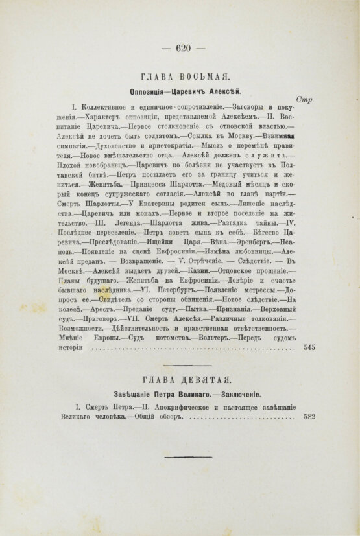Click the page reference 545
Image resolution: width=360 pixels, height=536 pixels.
point(309,366)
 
